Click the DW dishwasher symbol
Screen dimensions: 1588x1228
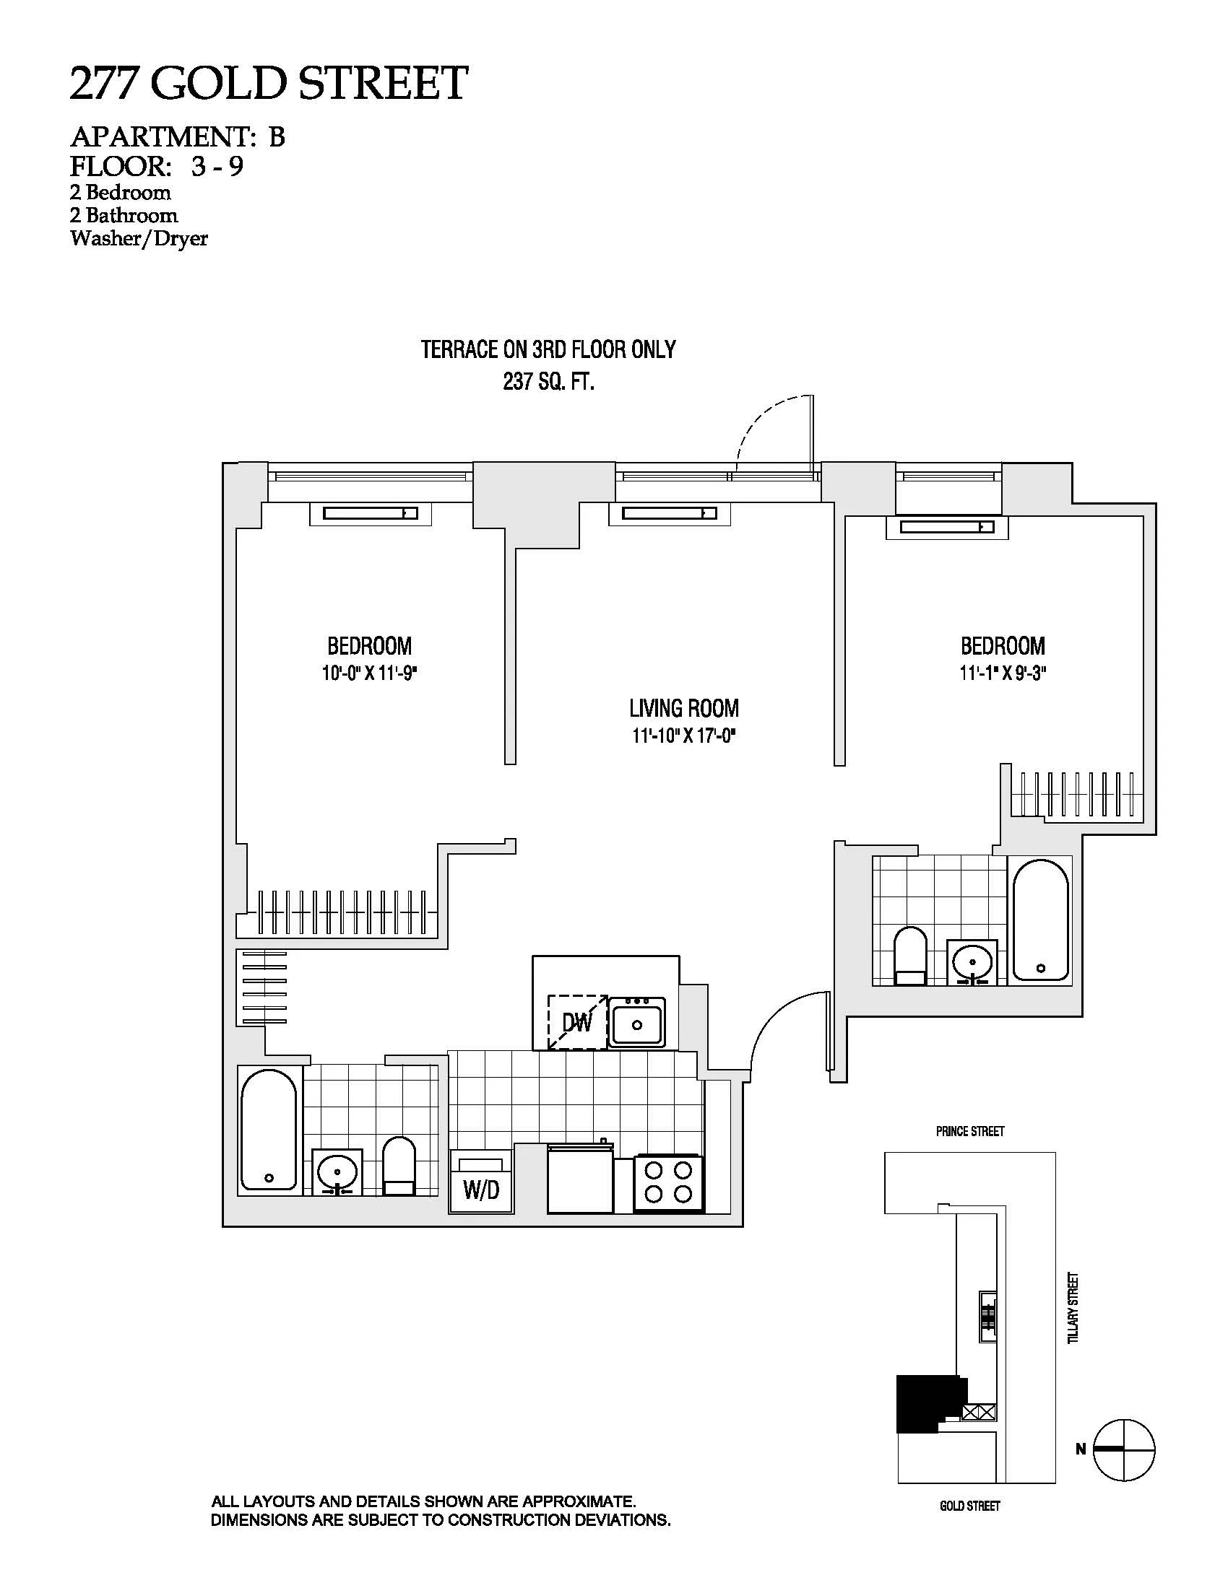pyautogui.click(x=577, y=1021)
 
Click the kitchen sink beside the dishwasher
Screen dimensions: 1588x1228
pyautogui.click(x=636, y=1022)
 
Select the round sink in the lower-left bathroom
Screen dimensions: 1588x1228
pyautogui.click(x=337, y=1172)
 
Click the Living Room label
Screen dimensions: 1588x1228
pyautogui.click(x=684, y=708)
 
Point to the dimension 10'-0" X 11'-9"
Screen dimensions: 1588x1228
pyautogui.click(x=370, y=674)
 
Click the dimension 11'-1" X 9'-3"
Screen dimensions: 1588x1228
pyautogui.click(x=1003, y=674)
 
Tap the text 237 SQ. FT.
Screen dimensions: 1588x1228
pyautogui.click(x=548, y=383)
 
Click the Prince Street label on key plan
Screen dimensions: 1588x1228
pyautogui.click(x=969, y=1131)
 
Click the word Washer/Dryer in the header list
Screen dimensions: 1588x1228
pyautogui.click(x=139, y=238)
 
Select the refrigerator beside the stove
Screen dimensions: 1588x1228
pyautogui.click(x=579, y=1178)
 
